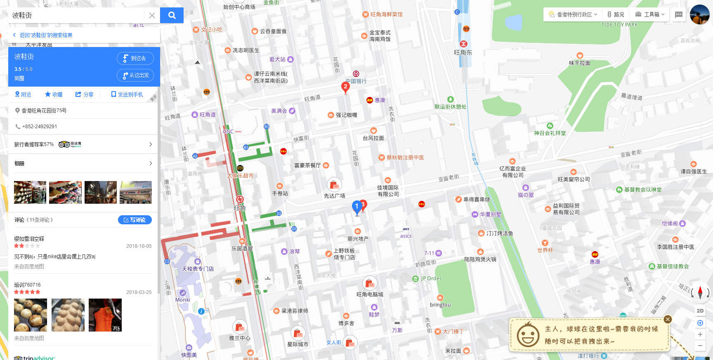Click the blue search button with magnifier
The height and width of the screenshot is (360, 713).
click(172, 15)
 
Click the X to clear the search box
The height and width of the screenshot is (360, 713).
click(152, 15)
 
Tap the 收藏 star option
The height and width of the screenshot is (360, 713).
click(54, 94)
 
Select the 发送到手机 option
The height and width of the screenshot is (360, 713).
click(127, 94)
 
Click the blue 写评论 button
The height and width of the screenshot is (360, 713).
click(135, 220)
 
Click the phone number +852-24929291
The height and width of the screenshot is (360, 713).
click(40, 127)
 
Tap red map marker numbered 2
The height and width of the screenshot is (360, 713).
click(345, 87)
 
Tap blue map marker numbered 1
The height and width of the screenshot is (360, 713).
click(357, 207)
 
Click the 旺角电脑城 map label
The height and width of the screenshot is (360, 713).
click(370, 294)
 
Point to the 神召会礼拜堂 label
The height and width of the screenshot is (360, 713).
click(550, 133)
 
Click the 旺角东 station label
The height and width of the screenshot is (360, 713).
click(463, 52)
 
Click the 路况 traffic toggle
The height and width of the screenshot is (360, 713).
click(616, 14)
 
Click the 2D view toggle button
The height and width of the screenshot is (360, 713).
click(700, 311)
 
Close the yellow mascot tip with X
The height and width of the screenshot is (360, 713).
click(668, 319)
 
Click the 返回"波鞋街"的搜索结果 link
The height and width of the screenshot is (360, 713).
click(45, 35)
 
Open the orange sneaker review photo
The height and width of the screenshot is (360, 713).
click(105, 315)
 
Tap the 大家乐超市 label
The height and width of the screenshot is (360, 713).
click(240, 175)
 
